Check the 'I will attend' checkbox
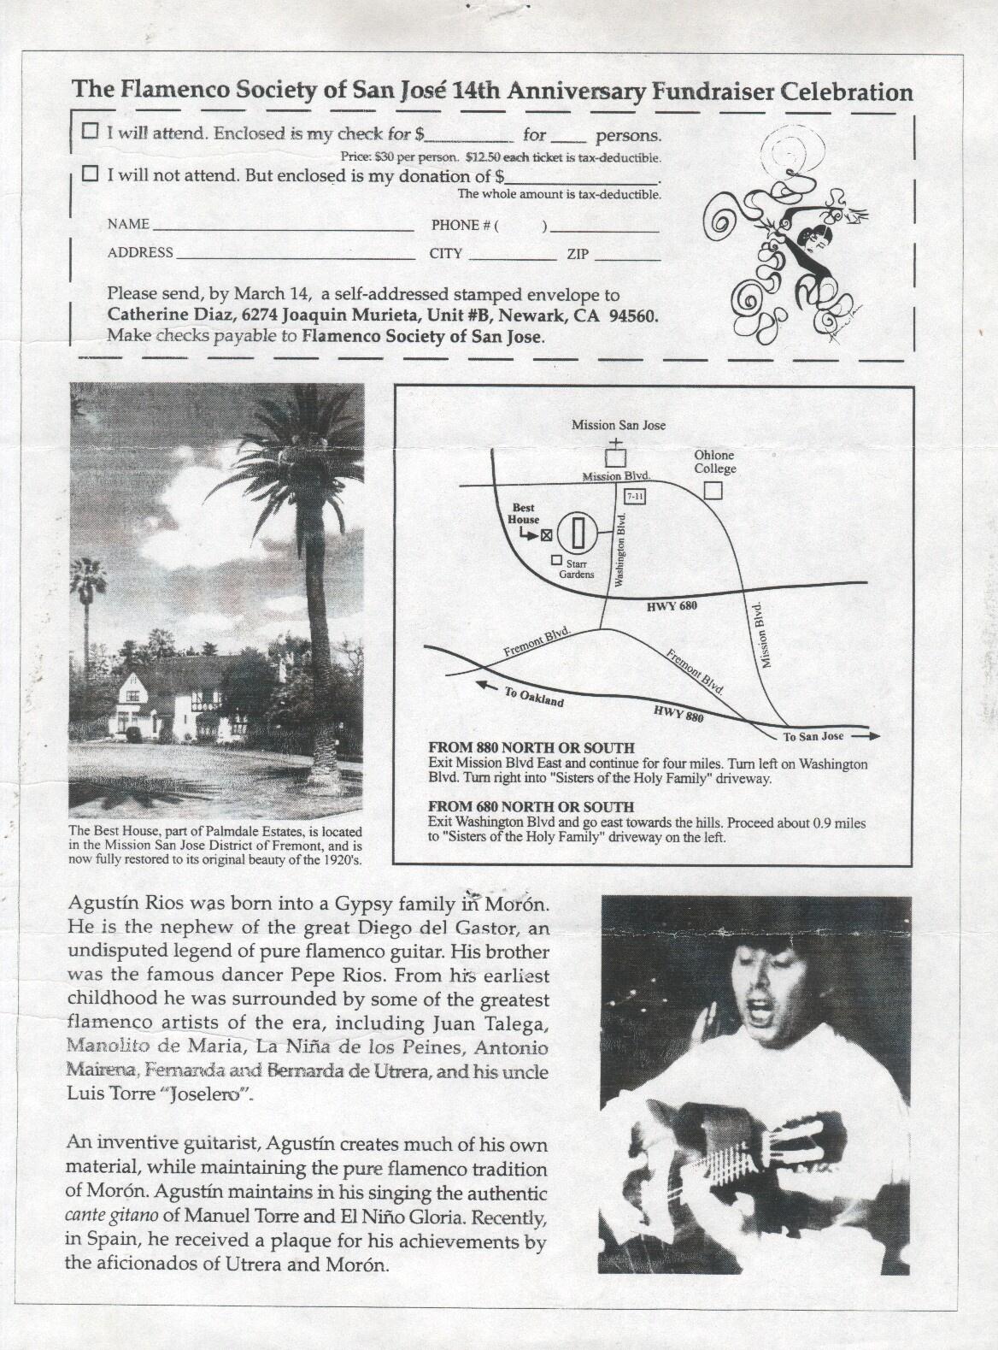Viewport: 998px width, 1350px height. [90, 132]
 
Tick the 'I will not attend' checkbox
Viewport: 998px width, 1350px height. [90, 174]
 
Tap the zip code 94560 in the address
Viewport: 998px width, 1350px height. [632, 315]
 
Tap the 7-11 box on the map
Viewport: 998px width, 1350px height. [635, 496]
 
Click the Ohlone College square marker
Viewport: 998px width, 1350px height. [713, 491]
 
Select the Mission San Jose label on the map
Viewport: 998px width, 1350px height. [619, 425]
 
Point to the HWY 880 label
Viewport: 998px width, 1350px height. [678, 713]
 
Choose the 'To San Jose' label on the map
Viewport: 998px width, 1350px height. [813, 736]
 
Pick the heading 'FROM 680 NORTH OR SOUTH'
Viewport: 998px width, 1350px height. [531, 806]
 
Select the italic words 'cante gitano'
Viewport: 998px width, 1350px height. [109, 1216]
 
